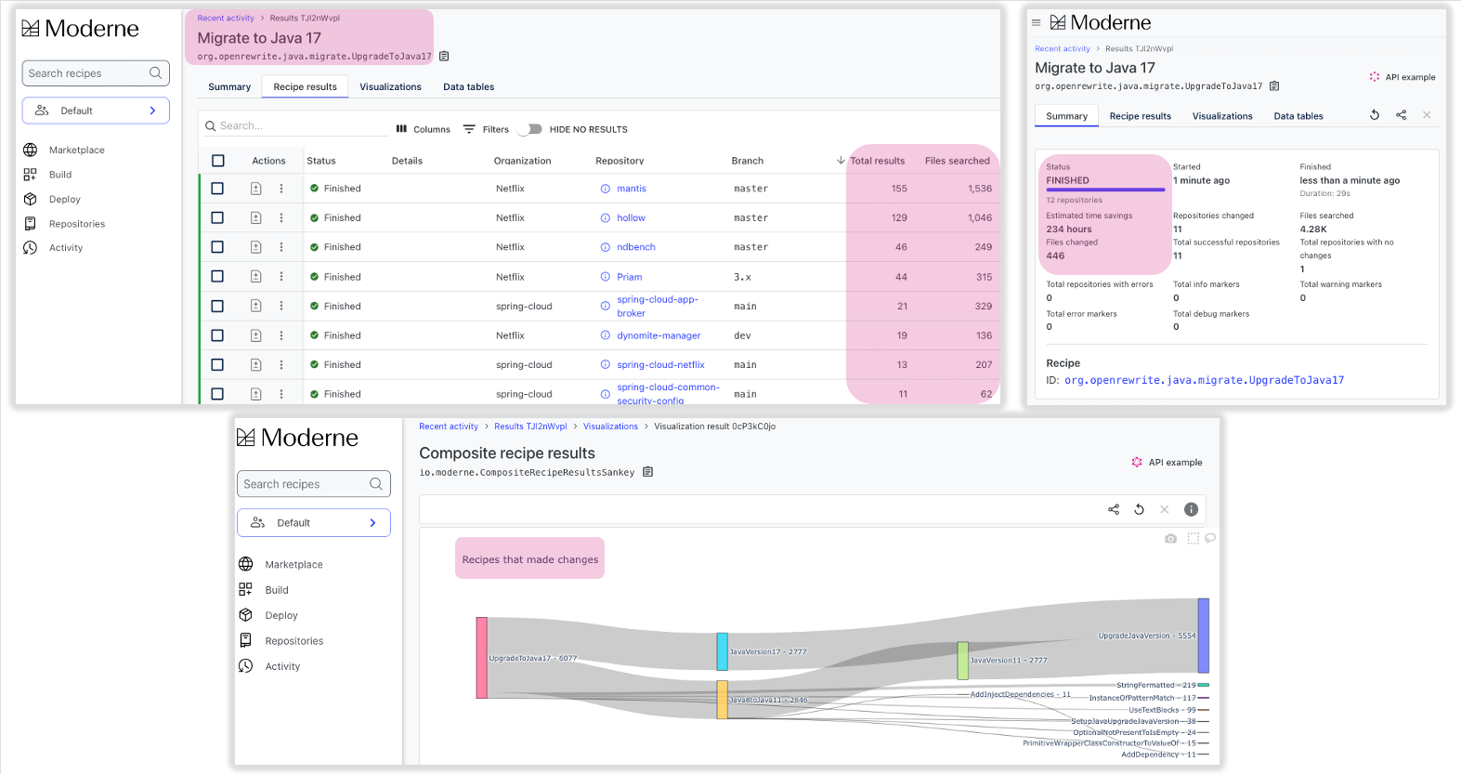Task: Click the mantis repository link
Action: click(x=631, y=189)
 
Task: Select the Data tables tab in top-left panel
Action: click(x=468, y=87)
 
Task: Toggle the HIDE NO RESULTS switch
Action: click(x=531, y=129)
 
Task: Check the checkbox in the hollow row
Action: click(x=217, y=217)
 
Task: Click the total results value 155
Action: click(x=899, y=189)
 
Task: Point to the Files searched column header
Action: click(x=957, y=161)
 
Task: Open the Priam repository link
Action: click(x=629, y=277)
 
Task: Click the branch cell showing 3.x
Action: click(x=742, y=277)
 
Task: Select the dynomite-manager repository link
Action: click(x=659, y=335)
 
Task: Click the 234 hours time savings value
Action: click(x=1069, y=229)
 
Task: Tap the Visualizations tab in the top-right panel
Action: click(x=1221, y=116)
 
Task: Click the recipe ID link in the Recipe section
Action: click(x=1204, y=380)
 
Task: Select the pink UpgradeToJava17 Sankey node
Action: click(x=481, y=657)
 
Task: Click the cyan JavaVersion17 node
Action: click(x=722, y=651)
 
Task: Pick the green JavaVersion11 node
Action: click(x=963, y=660)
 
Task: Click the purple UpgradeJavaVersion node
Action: click(x=1203, y=635)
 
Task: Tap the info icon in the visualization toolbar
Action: click(x=1191, y=509)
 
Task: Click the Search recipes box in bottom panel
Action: click(x=305, y=484)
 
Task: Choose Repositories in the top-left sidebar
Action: click(x=76, y=224)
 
